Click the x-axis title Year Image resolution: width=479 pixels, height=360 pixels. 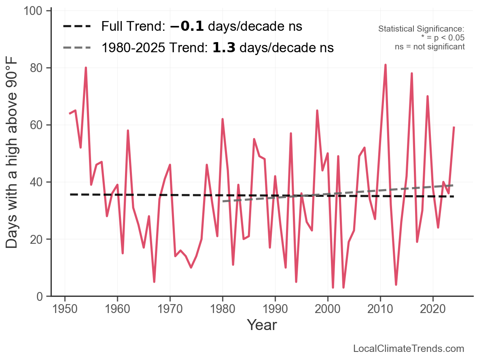(262, 325)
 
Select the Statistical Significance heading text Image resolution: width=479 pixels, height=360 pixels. (421, 29)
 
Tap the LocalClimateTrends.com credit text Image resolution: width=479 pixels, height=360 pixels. (409, 349)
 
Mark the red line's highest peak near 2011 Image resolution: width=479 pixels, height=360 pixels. (386, 65)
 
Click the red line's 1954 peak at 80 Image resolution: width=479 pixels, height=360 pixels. (86, 68)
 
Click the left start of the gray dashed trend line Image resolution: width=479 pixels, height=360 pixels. (223, 201)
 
